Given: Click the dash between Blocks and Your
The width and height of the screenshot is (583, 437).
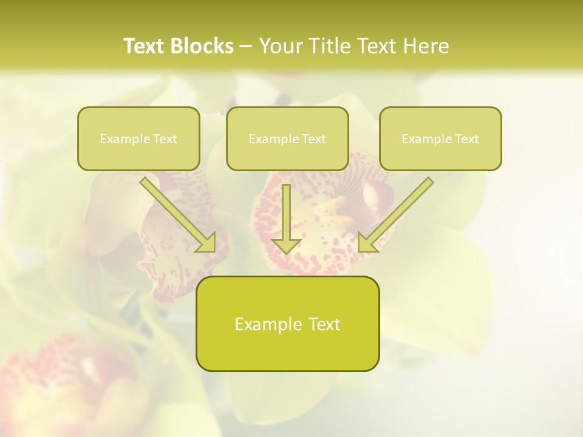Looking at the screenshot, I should coord(246,47).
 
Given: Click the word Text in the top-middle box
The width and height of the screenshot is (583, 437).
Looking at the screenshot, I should coord(313,139).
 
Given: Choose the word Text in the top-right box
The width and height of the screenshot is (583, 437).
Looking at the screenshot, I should coord(466,139).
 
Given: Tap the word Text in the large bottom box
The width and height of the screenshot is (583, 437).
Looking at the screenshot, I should coord(324,324).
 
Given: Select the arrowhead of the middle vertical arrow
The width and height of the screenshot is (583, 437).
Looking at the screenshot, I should coord(286,245).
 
